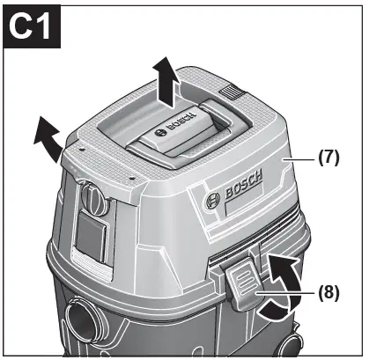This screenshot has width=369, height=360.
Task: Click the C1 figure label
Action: click(x=32, y=27)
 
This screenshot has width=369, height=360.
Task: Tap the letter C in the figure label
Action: click(x=21, y=27)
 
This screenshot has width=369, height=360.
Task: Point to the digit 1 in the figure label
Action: click(x=45, y=27)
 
